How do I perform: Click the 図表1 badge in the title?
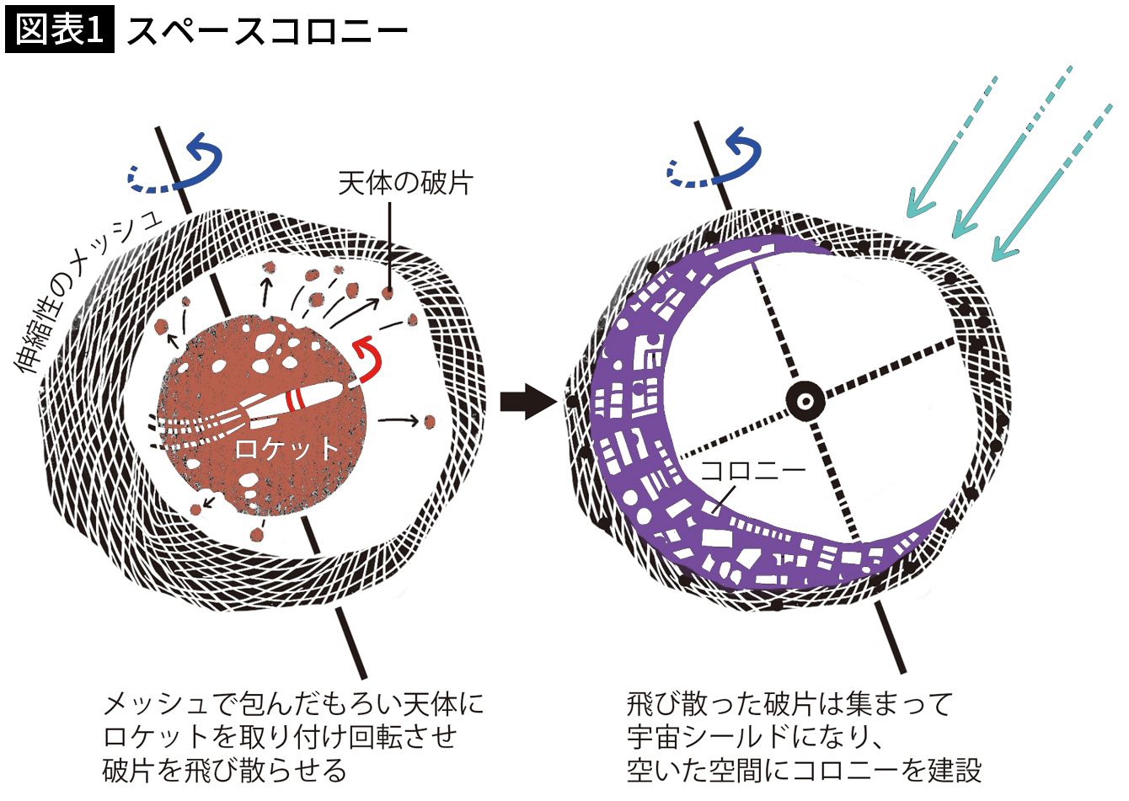59,30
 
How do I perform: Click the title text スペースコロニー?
267,32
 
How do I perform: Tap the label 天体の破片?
404,183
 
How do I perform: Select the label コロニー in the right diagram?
752,470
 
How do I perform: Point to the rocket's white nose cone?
333,391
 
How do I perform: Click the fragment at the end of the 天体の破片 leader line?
388,293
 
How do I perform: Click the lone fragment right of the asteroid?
429,419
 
